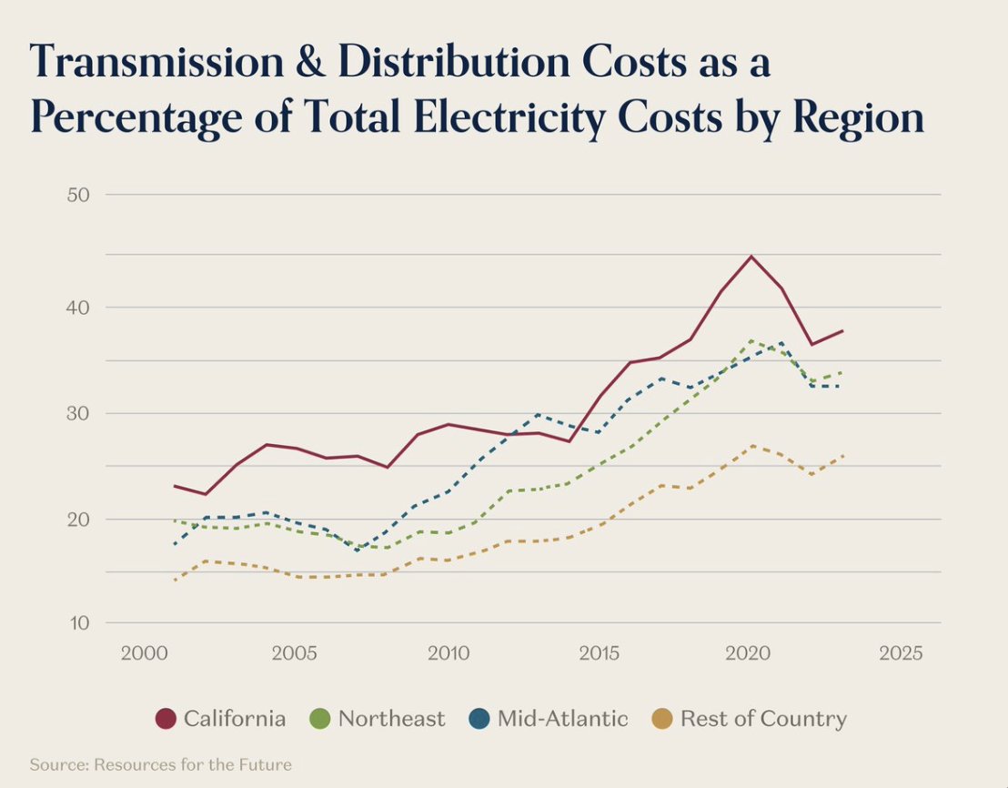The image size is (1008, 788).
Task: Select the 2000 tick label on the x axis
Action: [143, 653]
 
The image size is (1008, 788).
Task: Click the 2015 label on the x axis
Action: [599, 653]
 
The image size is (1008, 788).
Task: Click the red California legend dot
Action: [166, 719]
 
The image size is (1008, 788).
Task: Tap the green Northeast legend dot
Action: [320, 719]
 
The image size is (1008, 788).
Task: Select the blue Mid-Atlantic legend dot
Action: [479, 719]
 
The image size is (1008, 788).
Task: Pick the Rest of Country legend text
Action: [763, 719]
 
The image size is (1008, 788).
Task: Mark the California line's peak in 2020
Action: [751, 257]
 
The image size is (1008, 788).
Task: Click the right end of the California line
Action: [842, 330]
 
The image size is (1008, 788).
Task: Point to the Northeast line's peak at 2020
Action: [751, 340]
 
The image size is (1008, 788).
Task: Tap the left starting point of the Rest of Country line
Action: [174, 580]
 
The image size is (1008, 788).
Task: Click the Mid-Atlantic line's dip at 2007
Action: [357, 550]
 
